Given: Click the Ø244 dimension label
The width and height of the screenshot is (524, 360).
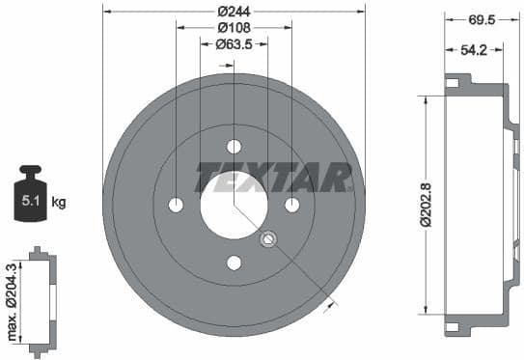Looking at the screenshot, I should tap(234, 11).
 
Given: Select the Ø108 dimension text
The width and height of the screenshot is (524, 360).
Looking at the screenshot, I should tap(234, 27).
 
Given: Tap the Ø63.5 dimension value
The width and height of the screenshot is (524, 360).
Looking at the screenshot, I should tap(234, 44).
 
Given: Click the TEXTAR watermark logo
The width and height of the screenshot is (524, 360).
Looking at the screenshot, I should tap(273, 178).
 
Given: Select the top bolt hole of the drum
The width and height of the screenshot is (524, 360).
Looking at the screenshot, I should tap(234, 148).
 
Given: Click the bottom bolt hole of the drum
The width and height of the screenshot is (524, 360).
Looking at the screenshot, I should tap(234, 263).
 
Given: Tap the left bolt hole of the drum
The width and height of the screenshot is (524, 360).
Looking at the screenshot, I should tap(176, 206).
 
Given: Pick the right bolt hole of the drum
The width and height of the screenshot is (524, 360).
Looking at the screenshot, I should tap(291, 206).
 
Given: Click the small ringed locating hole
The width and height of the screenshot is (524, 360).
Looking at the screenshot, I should tap(269, 239).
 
